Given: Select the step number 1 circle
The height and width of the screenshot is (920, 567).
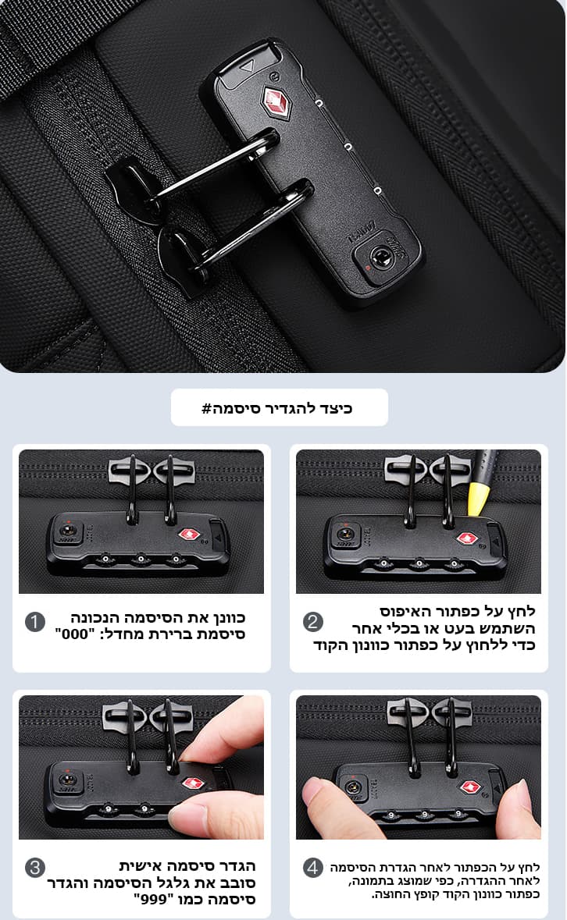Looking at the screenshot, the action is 35,622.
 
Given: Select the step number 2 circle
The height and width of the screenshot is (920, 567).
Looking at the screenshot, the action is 313,622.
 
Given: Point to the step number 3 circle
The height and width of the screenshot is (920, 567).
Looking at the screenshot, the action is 35,867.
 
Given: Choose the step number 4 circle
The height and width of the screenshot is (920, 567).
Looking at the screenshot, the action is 313,867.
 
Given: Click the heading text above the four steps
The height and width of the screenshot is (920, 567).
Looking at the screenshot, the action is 277,408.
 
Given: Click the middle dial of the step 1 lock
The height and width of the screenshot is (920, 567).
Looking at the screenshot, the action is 141,559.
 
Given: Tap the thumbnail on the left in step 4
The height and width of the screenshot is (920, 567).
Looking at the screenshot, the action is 312,791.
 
